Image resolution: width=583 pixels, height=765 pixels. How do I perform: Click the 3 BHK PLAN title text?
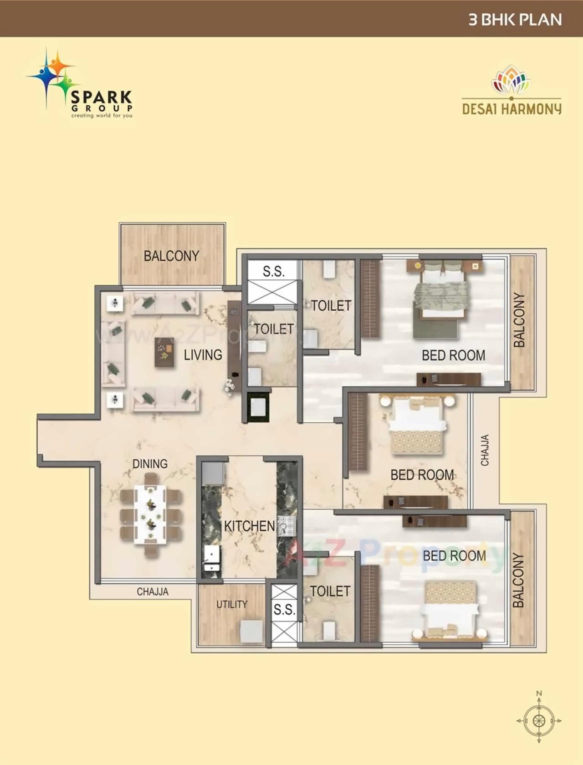click(515, 20)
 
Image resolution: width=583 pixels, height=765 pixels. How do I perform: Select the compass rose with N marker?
click(539, 720)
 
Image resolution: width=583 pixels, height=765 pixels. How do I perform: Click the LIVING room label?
click(203, 354)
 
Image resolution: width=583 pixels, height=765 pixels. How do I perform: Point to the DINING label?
click(150, 463)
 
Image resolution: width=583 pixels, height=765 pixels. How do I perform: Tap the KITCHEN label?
click(249, 526)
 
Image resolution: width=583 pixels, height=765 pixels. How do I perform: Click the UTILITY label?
click(232, 604)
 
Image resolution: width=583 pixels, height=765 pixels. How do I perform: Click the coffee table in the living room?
click(164, 352)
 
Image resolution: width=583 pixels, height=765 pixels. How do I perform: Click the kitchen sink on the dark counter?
click(212, 559)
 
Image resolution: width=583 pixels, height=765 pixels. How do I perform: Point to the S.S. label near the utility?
click(284, 609)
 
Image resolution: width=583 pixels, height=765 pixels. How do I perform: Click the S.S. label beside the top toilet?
click(273, 272)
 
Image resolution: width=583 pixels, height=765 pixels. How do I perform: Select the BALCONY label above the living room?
click(171, 256)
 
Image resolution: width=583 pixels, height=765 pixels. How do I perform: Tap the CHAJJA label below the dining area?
click(153, 591)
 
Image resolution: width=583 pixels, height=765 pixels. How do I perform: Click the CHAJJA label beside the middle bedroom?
click(485, 450)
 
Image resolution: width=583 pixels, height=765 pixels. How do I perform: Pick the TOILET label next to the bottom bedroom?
click(330, 591)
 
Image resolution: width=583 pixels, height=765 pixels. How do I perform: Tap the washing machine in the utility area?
click(251, 631)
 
